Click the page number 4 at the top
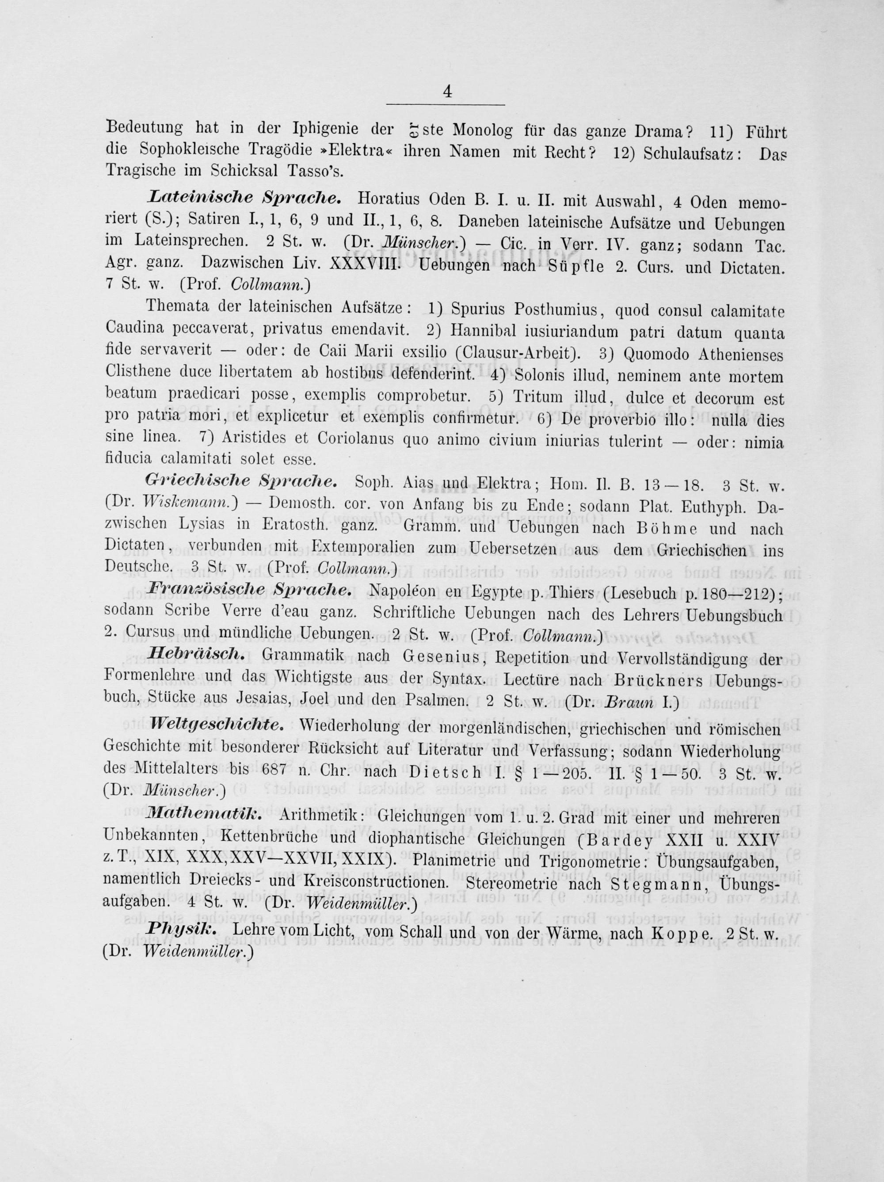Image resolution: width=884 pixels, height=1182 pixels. click(447, 92)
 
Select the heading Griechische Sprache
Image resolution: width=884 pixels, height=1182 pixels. click(240, 480)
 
